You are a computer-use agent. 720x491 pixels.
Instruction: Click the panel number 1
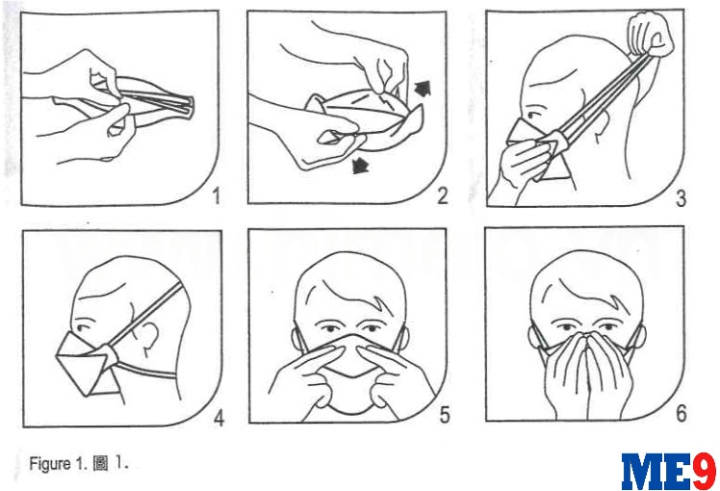[217, 196]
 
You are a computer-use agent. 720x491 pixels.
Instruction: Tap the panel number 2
[442, 196]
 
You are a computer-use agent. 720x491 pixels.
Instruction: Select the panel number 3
[681, 198]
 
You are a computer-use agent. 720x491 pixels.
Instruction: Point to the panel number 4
[219, 419]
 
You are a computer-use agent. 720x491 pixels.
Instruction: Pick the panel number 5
[444, 415]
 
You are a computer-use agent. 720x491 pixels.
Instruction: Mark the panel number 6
[681, 413]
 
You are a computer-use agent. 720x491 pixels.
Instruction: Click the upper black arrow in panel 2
[423, 88]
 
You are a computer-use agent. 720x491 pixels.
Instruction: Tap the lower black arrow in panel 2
[360, 166]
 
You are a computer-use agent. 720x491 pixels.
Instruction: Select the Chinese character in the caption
[100, 463]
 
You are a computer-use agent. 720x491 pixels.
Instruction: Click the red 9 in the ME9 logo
[704, 471]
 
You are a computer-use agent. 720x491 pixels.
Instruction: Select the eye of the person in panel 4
[83, 328]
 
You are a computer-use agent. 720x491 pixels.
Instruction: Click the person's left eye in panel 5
[372, 329]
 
